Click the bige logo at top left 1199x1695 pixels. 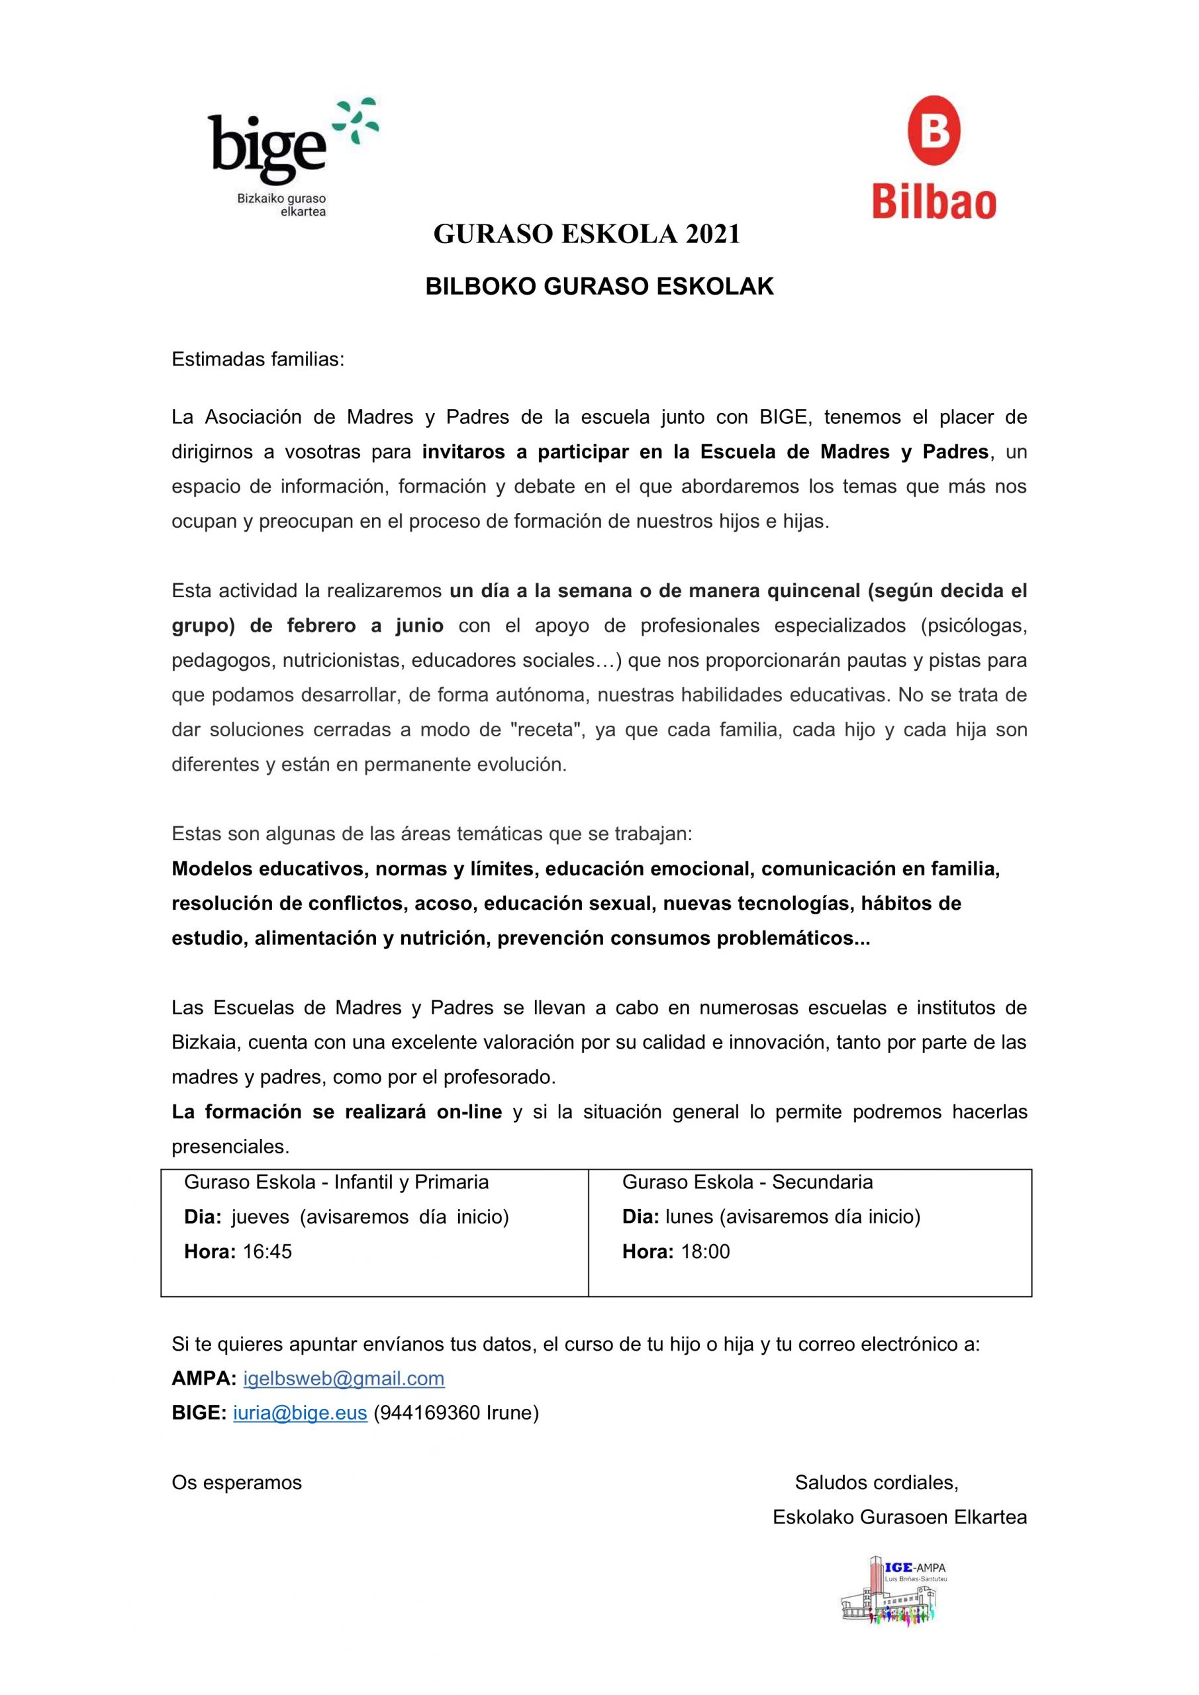288,155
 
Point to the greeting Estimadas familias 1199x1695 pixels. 258,360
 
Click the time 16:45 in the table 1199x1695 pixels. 267,1251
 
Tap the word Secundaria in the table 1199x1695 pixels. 822,1182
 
